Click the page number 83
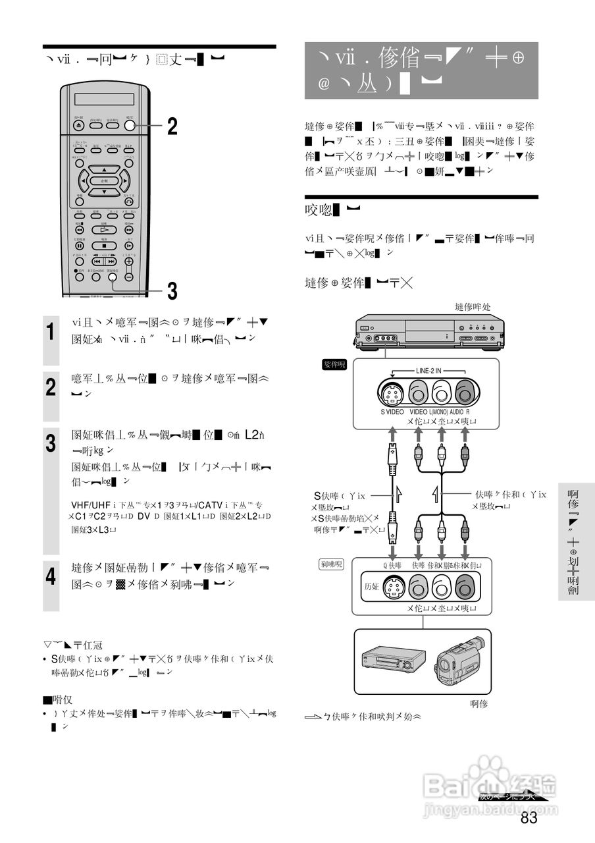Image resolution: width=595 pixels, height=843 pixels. (x=529, y=818)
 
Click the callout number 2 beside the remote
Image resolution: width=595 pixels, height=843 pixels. (x=171, y=126)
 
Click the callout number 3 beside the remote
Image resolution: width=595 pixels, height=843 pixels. (x=171, y=290)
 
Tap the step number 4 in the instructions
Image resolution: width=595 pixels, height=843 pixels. (x=51, y=578)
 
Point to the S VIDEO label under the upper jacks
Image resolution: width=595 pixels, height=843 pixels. (x=392, y=412)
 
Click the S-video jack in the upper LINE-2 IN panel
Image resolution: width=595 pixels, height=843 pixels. (x=392, y=394)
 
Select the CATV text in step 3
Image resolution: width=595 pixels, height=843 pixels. (x=209, y=505)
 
